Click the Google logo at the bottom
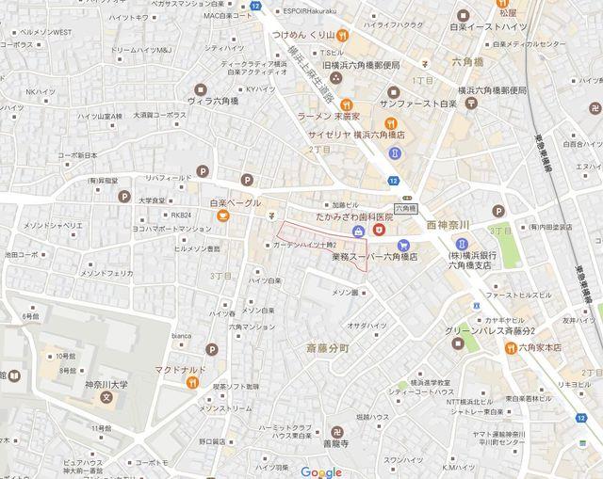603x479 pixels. [x=321, y=471]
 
